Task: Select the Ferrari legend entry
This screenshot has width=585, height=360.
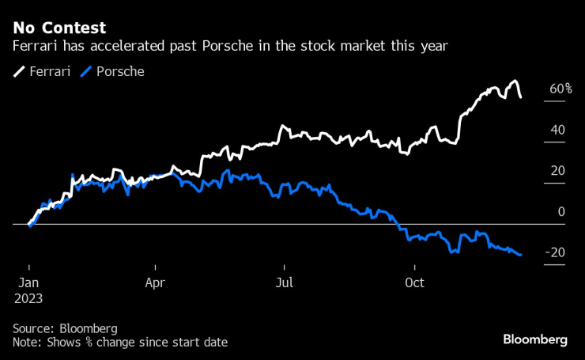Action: coord(42,71)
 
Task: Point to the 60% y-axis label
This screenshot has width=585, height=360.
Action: coord(560,89)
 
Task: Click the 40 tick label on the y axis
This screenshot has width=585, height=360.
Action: coord(557,130)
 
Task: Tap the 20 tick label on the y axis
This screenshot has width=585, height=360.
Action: coord(557,171)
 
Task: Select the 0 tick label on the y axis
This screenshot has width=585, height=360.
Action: coord(561,211)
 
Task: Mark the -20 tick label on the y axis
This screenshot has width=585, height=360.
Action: coord(555,252)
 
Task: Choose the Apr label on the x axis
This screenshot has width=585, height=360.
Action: coord(156,282)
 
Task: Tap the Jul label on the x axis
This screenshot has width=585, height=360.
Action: coord(284,282)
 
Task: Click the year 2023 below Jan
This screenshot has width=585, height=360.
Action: coord(28,299)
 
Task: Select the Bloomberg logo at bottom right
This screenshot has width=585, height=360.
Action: coord(535,339)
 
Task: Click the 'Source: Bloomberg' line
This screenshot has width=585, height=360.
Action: coord(65,328)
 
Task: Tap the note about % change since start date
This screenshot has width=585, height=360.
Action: coord(120,342)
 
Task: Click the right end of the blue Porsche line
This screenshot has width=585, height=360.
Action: coord(520,255)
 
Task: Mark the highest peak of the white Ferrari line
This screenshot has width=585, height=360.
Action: coord(515,81)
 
